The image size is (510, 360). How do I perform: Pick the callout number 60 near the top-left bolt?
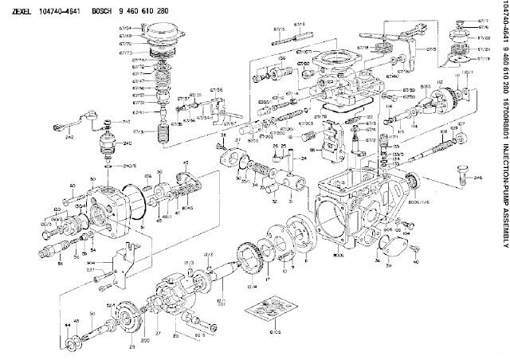(73, 186)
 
